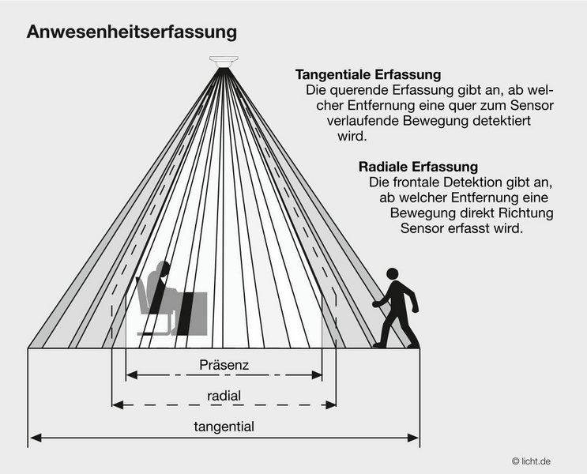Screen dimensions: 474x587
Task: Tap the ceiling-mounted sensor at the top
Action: (224, 61)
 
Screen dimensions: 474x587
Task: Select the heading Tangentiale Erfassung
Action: (367, 75)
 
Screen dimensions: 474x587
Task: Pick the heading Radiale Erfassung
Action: (419, 167)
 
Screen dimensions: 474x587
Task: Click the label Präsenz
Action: (224, 367)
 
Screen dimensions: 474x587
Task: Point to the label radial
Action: (224, 396)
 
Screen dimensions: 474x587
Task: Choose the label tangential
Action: (224, 427)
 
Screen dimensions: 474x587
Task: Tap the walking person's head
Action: (393, 275)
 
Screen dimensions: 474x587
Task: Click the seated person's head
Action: (163, 271)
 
